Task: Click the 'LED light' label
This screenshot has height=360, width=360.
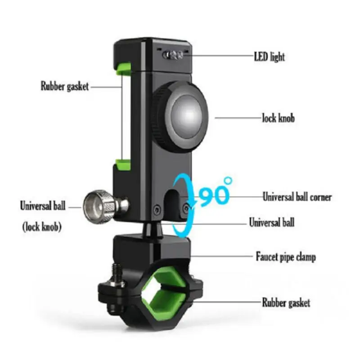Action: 269,57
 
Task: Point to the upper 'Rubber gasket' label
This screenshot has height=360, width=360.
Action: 64,86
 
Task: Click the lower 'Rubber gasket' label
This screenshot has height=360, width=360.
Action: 286,302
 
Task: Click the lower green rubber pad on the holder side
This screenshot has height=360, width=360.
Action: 122,164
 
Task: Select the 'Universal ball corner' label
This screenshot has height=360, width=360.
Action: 297,197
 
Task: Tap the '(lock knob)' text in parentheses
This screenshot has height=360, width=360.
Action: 42,227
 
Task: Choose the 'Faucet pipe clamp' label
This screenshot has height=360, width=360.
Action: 285,257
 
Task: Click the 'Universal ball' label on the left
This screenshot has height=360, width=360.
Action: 43,207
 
